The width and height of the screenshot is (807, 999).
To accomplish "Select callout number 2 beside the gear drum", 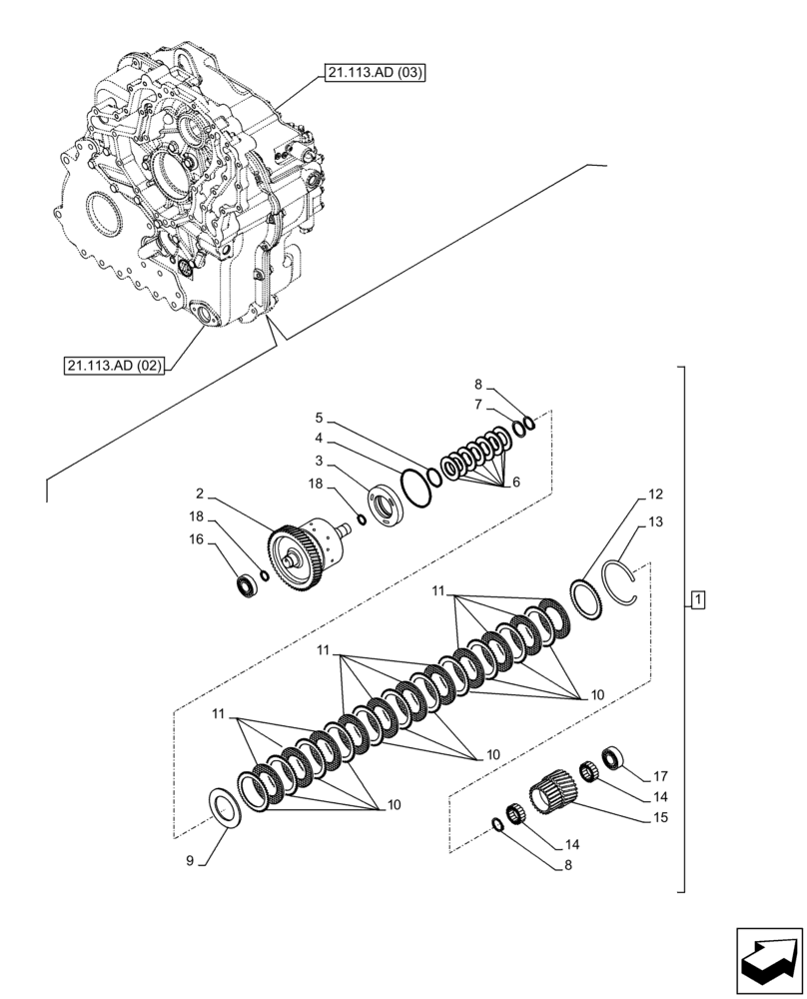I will click(200, 494).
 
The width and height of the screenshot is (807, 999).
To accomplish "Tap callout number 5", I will click(319, 417).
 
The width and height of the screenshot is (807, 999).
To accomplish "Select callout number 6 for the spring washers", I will click(515, 482).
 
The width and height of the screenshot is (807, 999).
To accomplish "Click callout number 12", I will click(655, 494).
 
